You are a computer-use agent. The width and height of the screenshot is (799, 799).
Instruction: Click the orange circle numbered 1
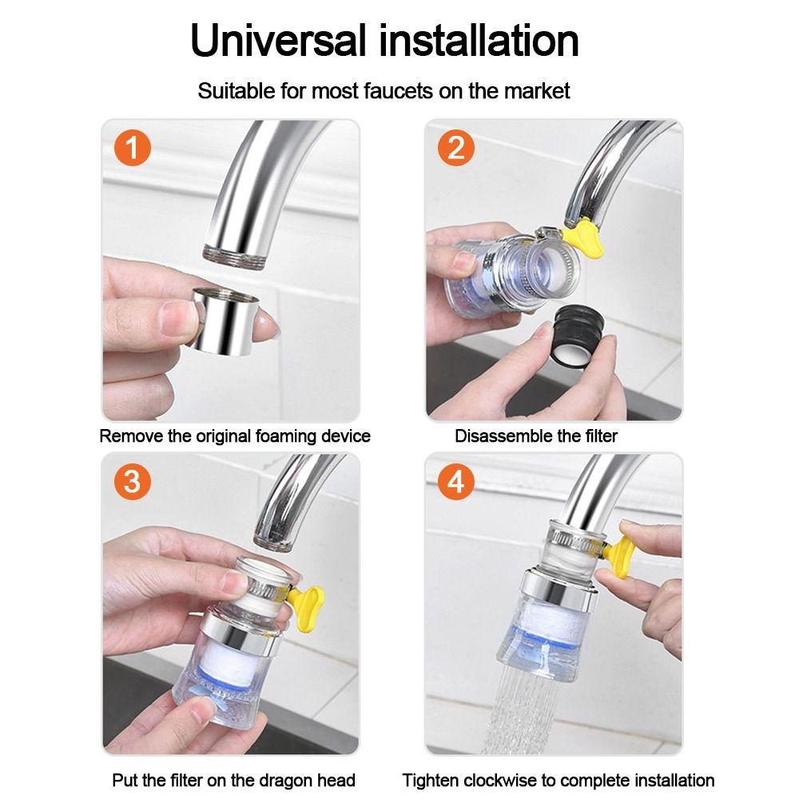(133, 148)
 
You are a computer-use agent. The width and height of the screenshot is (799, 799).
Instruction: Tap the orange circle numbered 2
(456, 148)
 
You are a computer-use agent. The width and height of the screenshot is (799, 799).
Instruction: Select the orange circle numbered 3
(133, 481)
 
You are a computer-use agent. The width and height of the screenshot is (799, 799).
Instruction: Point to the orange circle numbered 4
(456, 481)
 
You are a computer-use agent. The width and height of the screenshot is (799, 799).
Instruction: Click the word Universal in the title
(278, 40)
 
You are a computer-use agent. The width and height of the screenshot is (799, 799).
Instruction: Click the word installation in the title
(479, 40)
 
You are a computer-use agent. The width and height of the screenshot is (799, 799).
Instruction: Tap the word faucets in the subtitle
(399, 91)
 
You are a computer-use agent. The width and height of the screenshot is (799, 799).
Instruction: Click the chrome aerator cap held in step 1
(225, 321)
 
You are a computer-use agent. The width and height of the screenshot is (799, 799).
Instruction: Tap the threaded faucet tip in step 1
(235, 256)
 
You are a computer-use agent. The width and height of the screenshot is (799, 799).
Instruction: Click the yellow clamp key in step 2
(585, 238)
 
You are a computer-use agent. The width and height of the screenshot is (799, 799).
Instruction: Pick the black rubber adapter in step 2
(578, 336)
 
